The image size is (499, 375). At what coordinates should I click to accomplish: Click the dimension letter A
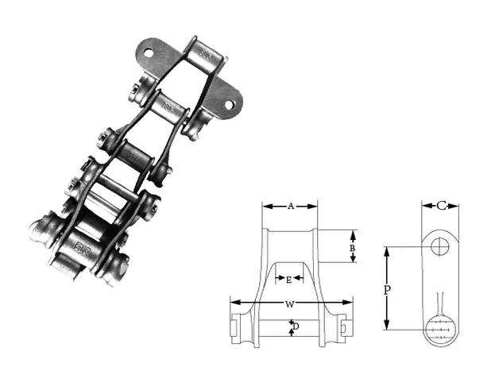290,206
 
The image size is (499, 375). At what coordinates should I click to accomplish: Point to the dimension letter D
296,327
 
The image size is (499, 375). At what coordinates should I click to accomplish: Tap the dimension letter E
288,279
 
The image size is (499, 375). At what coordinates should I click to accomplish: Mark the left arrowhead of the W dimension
234,303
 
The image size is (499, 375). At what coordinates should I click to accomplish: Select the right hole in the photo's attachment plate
229,104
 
